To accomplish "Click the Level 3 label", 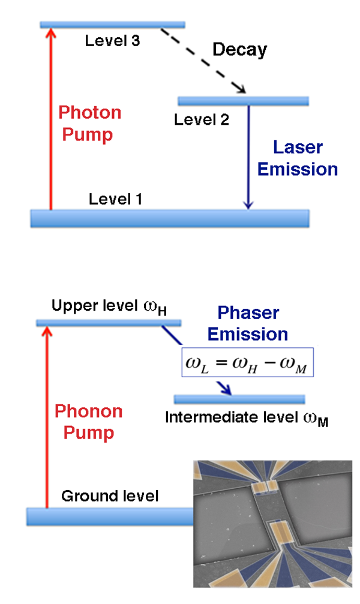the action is tap(112, 40).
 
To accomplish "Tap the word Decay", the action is tap(240, 50).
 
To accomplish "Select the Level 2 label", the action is tap(202, 119).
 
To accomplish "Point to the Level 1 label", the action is tap(116, 199).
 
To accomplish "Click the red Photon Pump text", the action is tap(90, 124).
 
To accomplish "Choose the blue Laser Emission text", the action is tap(298, 158).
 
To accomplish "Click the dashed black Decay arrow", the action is tap(203, 61).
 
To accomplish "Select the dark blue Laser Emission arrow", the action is tap(248, 157).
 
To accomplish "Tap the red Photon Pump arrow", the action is tap(50, 119).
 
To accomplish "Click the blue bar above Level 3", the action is tap(113, 25).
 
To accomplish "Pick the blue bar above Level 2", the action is tap(243, 101).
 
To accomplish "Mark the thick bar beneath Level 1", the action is tap(170, 218).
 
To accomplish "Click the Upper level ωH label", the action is tap(109, 306).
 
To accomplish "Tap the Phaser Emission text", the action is tap(248, 323).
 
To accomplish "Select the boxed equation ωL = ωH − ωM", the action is tap(247, 362).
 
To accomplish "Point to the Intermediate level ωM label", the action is tap(247, 418).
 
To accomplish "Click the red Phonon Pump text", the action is tap(89, 422).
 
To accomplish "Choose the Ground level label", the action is tap(110, 496).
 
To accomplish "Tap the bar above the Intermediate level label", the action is tap(239, 399).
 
